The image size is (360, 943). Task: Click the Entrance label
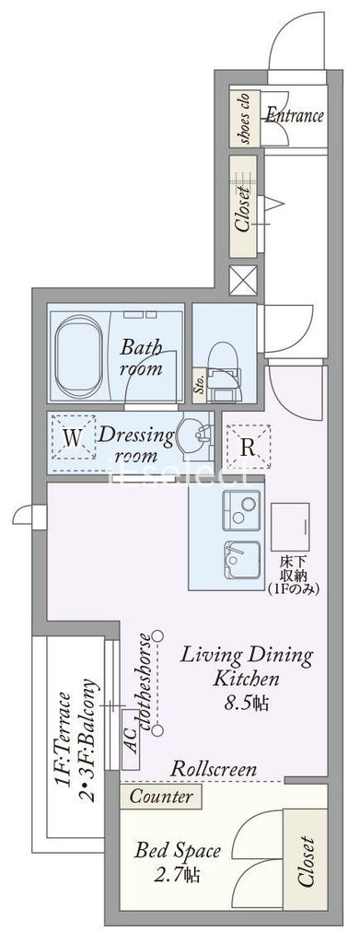pyautogui.click(x=295, y=116)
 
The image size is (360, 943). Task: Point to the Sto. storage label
pyautogui.click(x=200, y=384)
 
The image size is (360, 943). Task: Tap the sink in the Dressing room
pyautogui.click(x=192, y=435)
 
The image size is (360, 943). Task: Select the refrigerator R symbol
pyautogui.click(x=247, y=448)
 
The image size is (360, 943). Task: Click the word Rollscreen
pyautogui.click(x=214, y=769)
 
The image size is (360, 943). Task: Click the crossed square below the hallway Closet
pyautogui.click(x=242, y=279)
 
